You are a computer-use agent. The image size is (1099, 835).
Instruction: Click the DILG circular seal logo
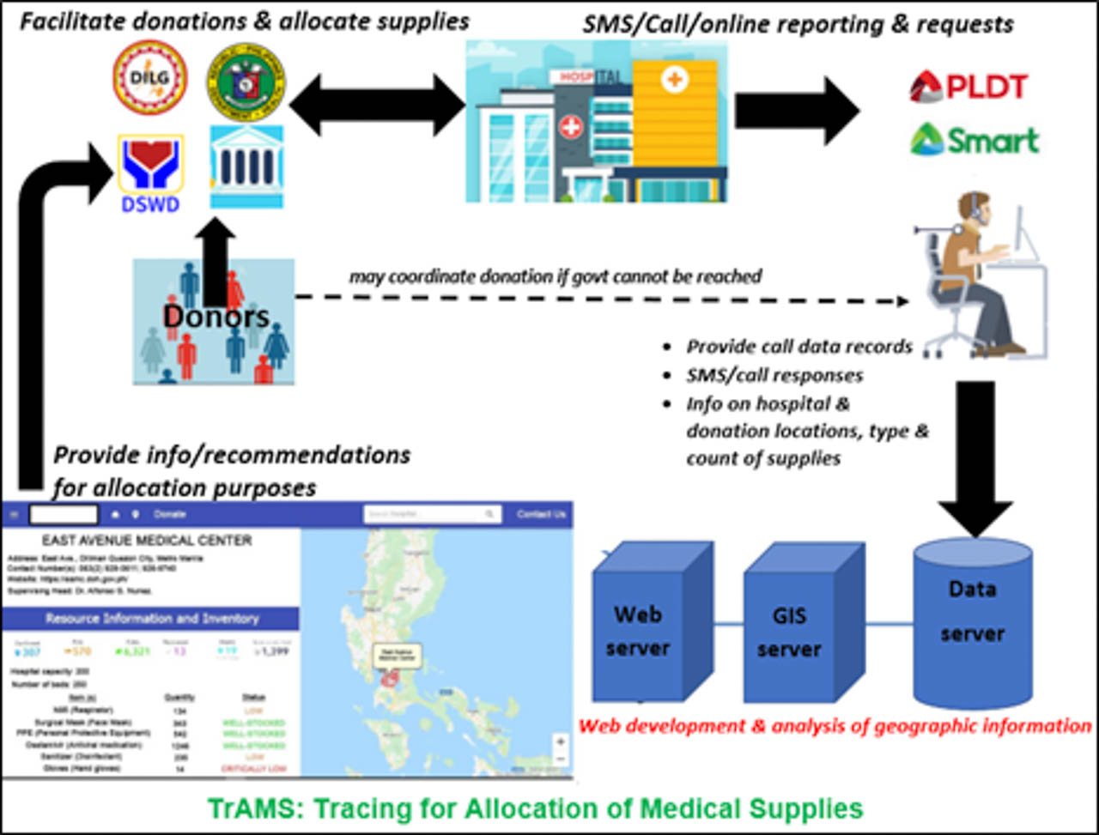149,78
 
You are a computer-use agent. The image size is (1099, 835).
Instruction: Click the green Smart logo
975,139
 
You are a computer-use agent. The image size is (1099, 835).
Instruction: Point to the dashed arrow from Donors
601,300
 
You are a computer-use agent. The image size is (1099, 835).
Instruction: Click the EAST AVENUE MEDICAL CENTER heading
148,541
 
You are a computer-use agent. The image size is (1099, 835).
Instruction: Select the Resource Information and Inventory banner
151,619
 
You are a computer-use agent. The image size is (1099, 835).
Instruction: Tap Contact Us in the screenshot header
541,514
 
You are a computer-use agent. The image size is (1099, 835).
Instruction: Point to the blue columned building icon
246,166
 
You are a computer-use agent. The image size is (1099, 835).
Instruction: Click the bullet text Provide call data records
798,347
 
